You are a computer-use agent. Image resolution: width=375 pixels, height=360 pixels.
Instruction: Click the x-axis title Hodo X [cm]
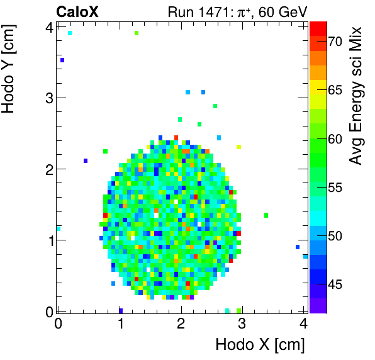click(x=260, y=344)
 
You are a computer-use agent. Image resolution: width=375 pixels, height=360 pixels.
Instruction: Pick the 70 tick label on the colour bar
click(x=335, y=42)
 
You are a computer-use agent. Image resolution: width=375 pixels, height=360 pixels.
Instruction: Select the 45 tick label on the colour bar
click(x=335, y=284)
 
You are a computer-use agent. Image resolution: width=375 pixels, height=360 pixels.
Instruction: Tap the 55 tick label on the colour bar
click(x=335, y=188)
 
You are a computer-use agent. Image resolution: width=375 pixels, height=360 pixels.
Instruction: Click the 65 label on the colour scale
click(x=335, y=90)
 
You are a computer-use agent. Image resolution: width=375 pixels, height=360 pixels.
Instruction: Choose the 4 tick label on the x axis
click(x=304, y=324)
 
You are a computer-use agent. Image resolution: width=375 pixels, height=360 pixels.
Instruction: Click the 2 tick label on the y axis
click(x=48, y=169)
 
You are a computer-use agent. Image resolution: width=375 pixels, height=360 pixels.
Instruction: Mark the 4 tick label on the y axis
click(x=48, y=26)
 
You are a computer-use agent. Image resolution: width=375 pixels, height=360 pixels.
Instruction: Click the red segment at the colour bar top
click(x=318, y=27)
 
